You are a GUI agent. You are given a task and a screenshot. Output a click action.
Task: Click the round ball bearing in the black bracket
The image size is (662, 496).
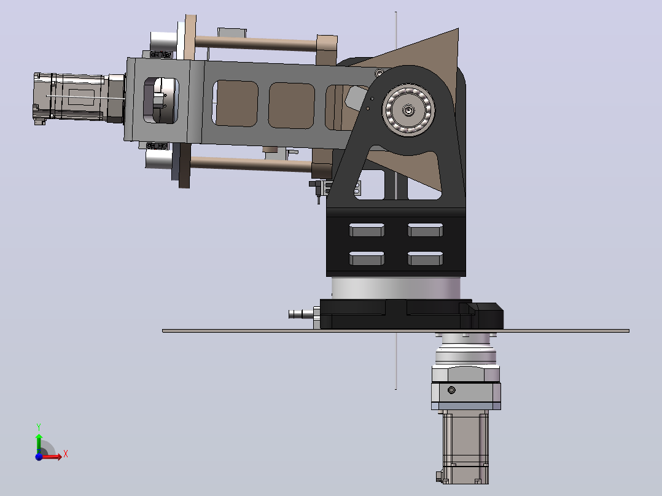[408, 110]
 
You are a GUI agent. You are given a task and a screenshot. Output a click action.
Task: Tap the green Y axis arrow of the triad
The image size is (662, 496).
[39, 441]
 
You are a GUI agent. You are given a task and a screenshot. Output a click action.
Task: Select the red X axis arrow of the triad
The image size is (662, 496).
[52, 456]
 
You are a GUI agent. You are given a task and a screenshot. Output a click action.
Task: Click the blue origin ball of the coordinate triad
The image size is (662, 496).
[39, 457]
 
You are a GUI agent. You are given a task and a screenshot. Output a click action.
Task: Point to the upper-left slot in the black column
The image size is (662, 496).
[367, 230]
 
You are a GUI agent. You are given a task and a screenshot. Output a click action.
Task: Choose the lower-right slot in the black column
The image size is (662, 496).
[425, 258]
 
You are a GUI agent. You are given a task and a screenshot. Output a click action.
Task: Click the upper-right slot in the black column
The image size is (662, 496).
[425, 230]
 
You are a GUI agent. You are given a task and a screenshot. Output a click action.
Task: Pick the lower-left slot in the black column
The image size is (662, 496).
[367, 258]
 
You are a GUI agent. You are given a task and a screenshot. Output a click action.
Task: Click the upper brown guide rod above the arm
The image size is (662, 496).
[256, 43]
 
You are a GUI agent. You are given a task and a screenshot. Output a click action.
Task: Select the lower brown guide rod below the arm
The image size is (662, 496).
[251, 164]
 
